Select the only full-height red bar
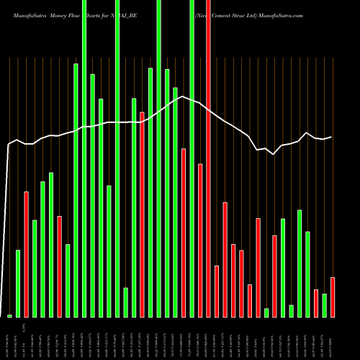[x=208, y=158]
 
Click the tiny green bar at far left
[x=10, y=315]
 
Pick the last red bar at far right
[x=333, y=297]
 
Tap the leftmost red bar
[x=27, y=254]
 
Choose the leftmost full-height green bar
[x=84, y=158]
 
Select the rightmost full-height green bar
[x=192, y=158]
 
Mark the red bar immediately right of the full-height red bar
[x=217, y=291]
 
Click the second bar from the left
[x=18, y=283]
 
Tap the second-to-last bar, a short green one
[x=324, y=305]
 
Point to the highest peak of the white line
[x=183, y=96]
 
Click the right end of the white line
[x=331, y=137]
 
